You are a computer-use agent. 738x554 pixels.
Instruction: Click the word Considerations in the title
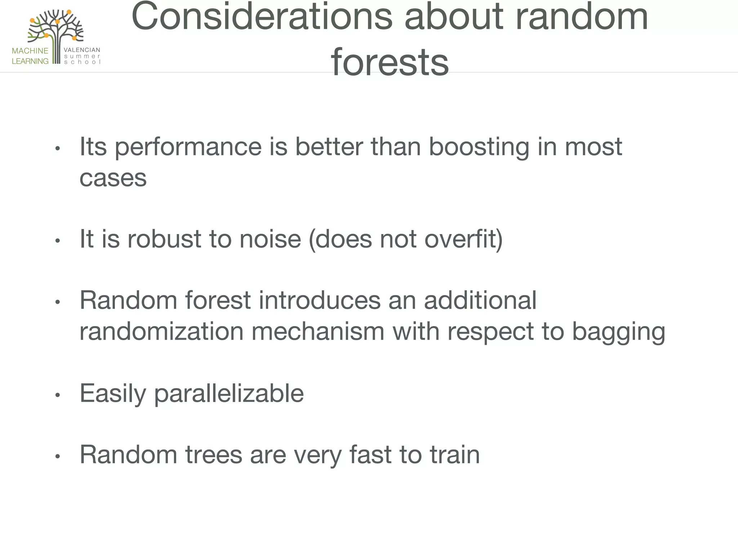click(x=262, y=17)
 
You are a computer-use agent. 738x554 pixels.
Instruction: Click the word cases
click(x=113, y=178)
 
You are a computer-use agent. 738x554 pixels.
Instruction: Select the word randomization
click(x=161, y=331)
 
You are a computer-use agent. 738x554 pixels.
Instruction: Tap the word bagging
click(x=618, y=332)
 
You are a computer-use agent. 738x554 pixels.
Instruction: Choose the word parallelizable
click(x=229, y=394)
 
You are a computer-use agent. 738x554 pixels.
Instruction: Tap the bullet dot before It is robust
click(x=57, y=241)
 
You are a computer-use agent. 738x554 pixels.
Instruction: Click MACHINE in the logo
click(x=30, y=51)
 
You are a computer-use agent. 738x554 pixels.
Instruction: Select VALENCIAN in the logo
click(x=82, y=50)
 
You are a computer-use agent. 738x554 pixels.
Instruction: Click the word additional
click(x=480, y=300)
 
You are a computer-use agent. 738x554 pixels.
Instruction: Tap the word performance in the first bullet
click(x=188, y=148)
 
